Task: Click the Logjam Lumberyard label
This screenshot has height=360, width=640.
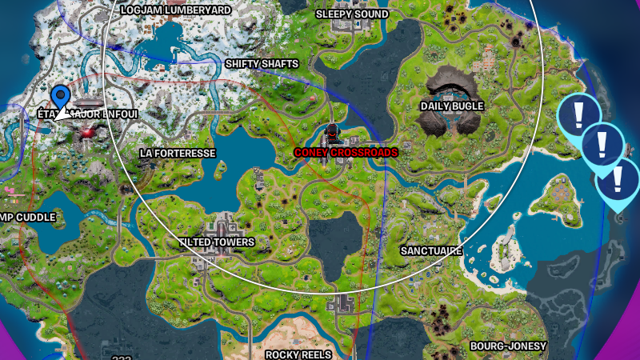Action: (175, 10)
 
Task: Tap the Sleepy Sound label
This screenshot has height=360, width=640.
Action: (353, 14)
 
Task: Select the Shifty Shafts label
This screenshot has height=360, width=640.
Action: (262, 64)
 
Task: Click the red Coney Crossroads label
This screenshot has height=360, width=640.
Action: (346, 152)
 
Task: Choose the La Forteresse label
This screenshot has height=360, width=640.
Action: (178, 153)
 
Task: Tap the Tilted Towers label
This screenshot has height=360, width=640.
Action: (217, 242)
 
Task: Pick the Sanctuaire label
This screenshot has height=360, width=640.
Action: (431, 251)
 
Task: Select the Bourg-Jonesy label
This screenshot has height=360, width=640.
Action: (508, 346)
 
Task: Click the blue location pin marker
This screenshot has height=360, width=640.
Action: (61, 99)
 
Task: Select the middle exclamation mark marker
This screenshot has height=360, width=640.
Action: (599, 145)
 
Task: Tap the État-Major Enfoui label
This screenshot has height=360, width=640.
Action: (88, 114)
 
